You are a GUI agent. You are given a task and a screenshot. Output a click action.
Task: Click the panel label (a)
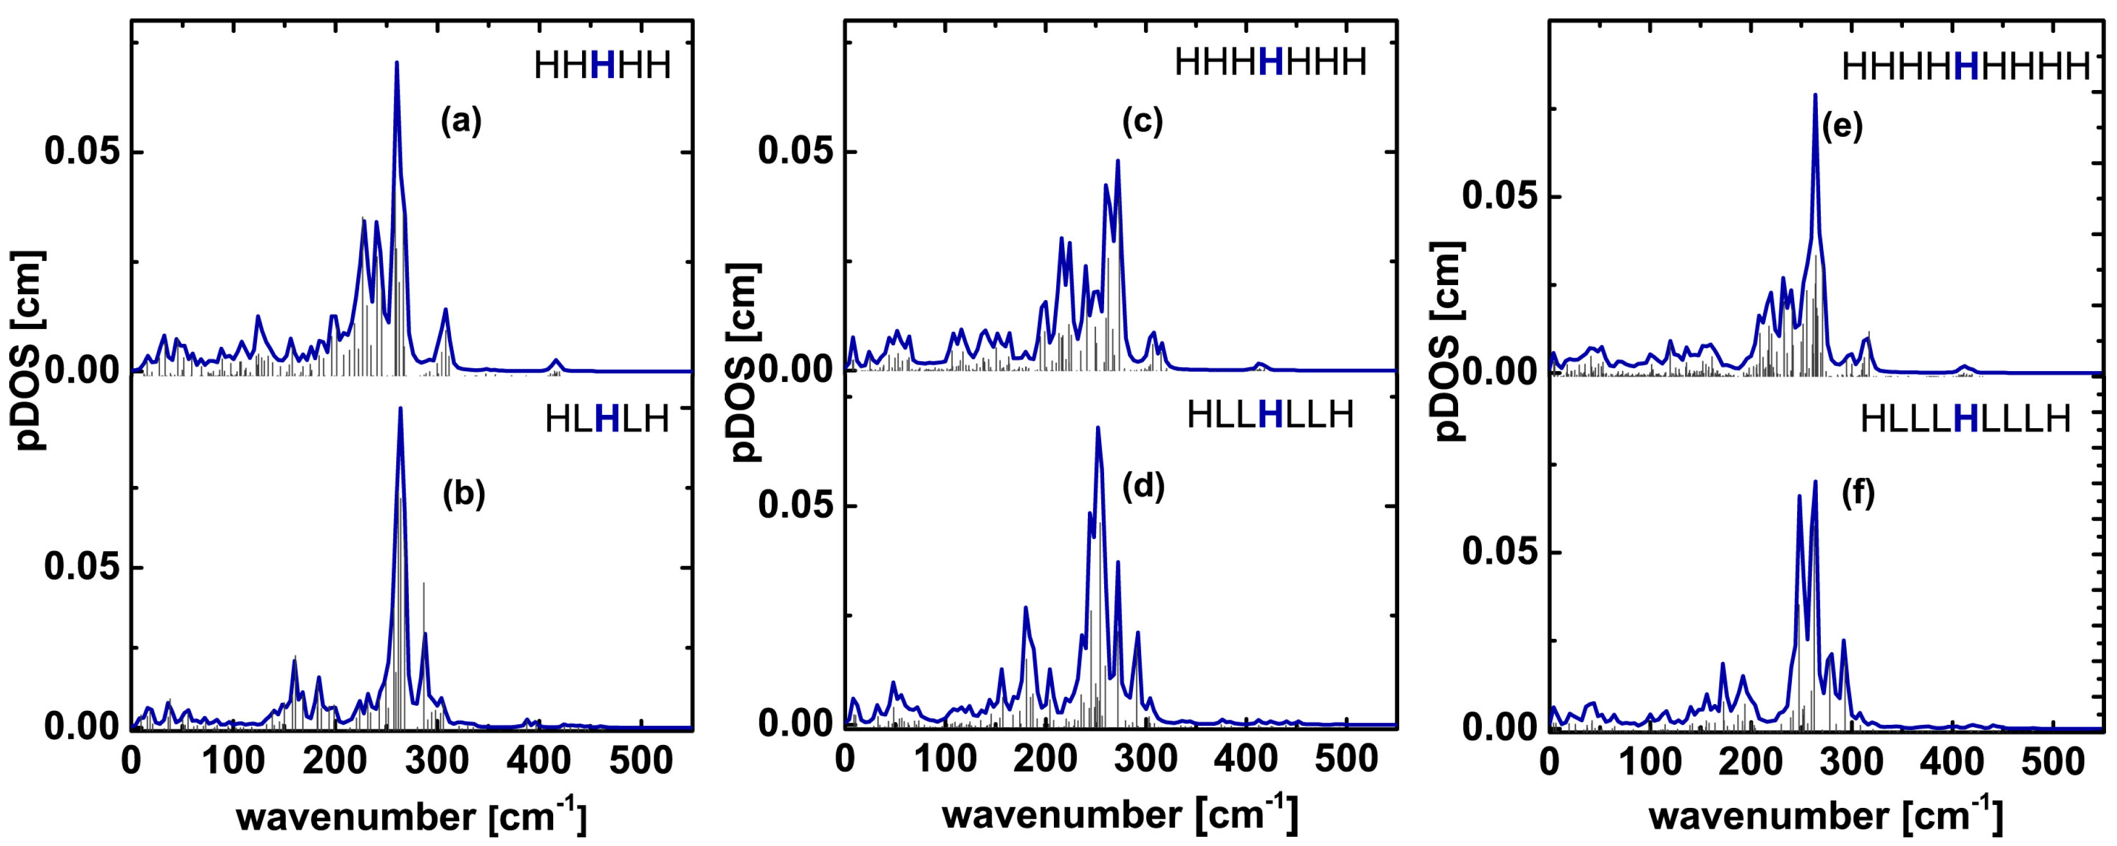point(461,122)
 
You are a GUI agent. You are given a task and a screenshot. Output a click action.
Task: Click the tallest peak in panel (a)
point(397,62)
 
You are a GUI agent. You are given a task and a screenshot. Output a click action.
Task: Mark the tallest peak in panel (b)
point(400,408)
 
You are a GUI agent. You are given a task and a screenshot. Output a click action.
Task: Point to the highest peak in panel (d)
point(1097,427)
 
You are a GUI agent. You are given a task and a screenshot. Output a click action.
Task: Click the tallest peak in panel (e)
point(1814,95)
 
